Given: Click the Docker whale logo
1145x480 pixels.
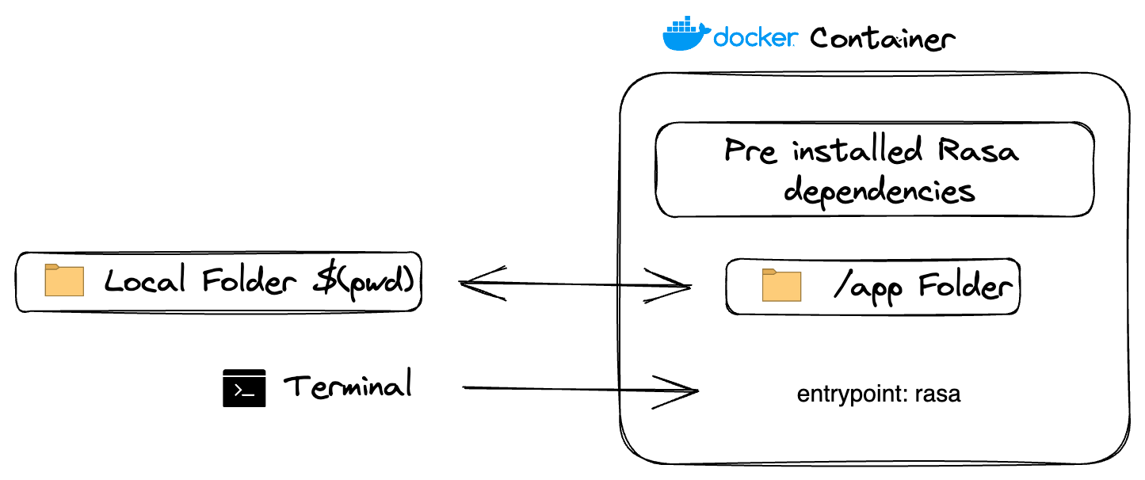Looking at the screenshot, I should pyautogui.click(x=686, y=36).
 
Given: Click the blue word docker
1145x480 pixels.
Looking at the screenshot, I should pyautogui.click(x=754, y=37).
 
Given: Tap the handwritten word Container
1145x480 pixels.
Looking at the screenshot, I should pyautogui.click(x=882, y=38).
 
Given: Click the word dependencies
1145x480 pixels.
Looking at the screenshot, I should pyautogui.click(x=878, y=191).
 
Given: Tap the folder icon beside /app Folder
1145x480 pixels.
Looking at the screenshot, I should pyautogui.click(x=781, y=285).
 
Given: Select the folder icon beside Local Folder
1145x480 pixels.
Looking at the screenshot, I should pyautogui.click(x=64, y=280).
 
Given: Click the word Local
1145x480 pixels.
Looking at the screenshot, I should pyautogui.click(x=145, y=281).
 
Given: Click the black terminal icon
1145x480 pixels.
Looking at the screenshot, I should pyautogui.click(x=244, y=388).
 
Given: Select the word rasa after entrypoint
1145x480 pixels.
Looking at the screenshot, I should pyautogui.click(x=937, y=394).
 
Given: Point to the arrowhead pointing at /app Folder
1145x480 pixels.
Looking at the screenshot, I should pyautogui.click(x=677, y=285).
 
